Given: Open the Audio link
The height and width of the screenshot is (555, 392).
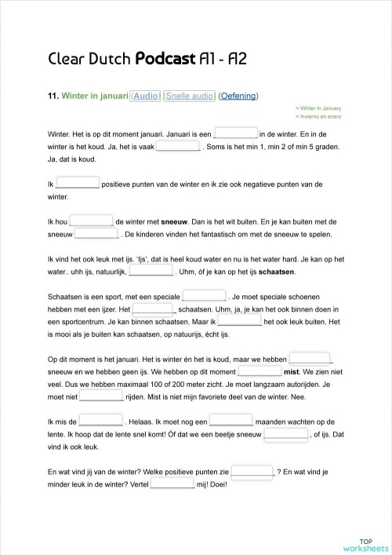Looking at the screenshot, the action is (x=145, y=96).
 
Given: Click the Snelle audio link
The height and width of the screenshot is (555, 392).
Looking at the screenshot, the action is (x=190, y=96).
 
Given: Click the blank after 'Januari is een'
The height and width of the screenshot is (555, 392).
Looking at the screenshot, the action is (x=235, y=133).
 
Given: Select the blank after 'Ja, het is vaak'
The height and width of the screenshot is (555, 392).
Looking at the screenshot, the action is (x=178, y=145).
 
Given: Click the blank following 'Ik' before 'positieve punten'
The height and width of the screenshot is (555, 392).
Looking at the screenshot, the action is (x=78, y=184).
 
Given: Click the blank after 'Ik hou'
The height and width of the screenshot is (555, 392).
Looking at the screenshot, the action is (x=92, y=222).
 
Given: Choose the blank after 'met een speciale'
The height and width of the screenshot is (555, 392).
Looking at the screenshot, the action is (x=204, y=297).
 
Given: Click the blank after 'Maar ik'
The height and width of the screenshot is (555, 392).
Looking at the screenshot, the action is (x=239, y=321).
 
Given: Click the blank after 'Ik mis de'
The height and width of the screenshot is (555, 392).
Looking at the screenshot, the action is (x=101, y=421).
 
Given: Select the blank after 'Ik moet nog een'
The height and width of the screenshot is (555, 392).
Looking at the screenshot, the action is (x=230, y=421).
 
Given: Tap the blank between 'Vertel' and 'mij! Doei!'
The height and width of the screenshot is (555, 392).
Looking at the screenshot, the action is (x=172, y=484).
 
